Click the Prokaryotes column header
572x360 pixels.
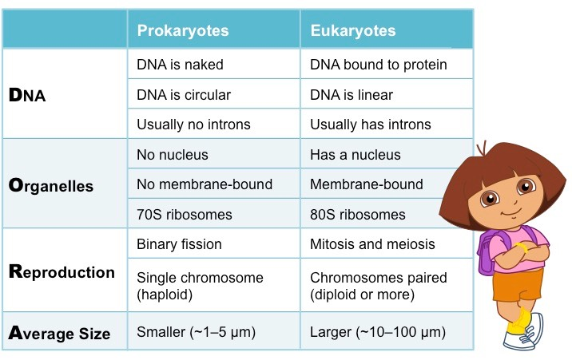click(183, 30)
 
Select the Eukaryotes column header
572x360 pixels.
click(353, 30)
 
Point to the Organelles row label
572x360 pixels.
click(51, 185)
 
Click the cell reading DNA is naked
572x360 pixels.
click(180, 65)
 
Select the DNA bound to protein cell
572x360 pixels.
click(378, 65)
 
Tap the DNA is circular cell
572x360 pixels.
click(184, 94)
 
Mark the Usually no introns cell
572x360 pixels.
click(193, 124)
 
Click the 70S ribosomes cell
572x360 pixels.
click(185, 214)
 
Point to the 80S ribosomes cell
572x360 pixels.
click(357, 214)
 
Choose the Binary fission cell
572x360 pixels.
click(179, 243)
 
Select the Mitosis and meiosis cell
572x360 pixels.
click(371, 243)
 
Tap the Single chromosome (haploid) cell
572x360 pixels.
click(200, 286)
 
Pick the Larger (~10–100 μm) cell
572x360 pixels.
click(378, 332)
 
